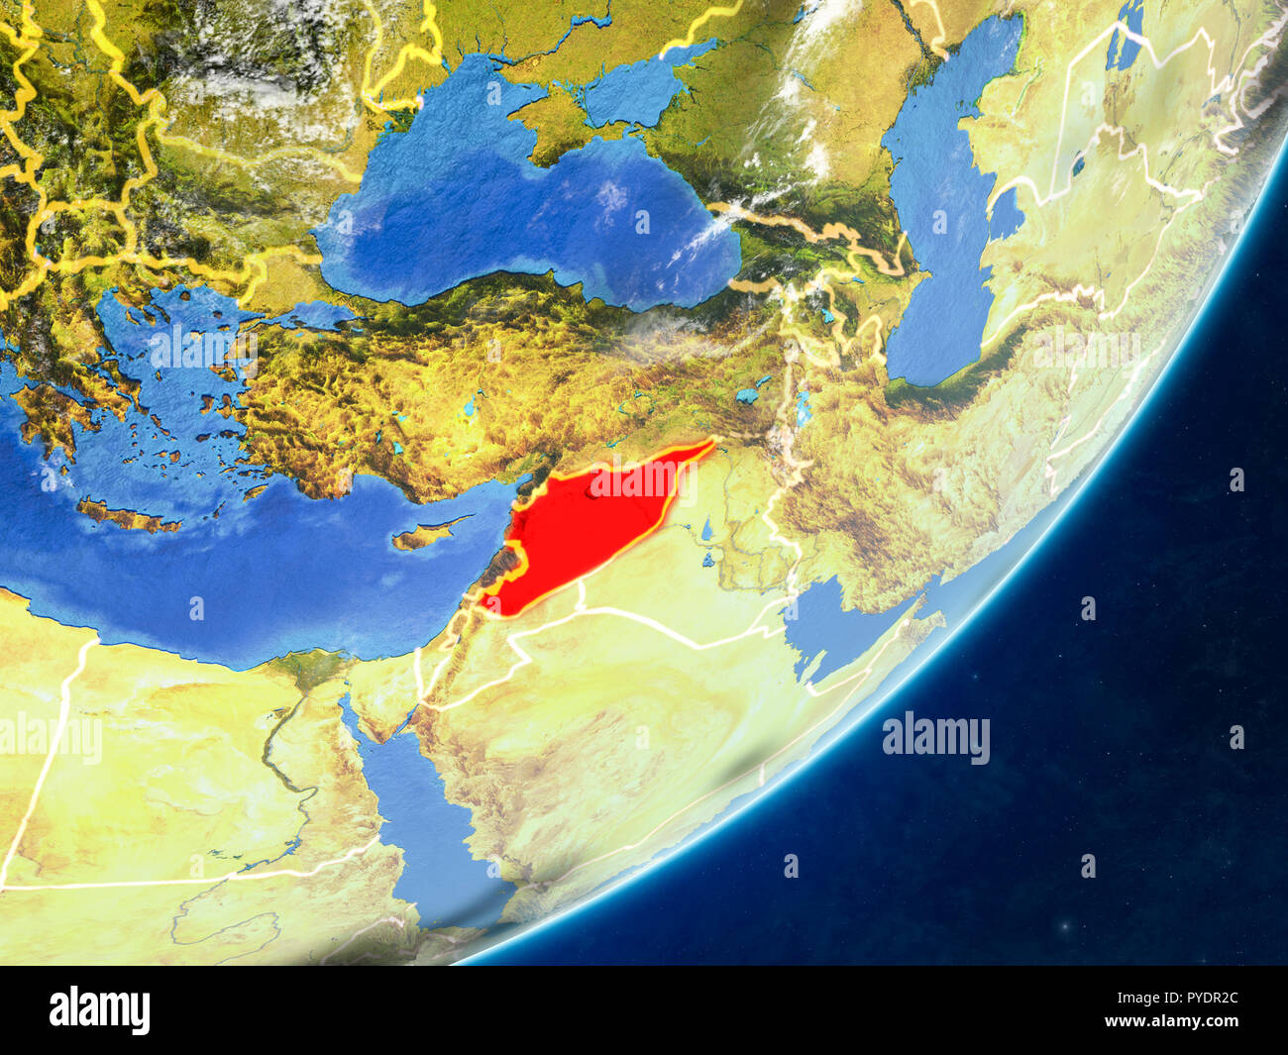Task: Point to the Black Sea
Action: (515, 218)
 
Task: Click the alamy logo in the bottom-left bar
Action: (99, 1010)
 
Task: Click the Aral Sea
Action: (1125, 45)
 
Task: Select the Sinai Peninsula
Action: (372, 693)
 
